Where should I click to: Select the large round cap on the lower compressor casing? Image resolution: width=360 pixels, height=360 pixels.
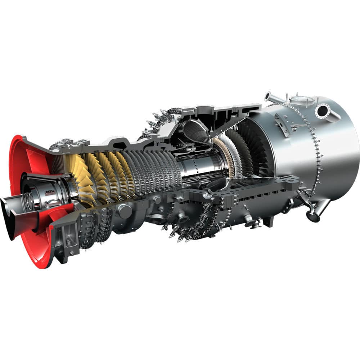pyautogui.click(x=125, y=211)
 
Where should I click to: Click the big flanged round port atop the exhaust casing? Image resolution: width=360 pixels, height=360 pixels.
pyautogui.click(x=322, y=110)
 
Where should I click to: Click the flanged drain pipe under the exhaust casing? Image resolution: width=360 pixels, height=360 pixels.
pyautogui.click(x=313, y=212)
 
